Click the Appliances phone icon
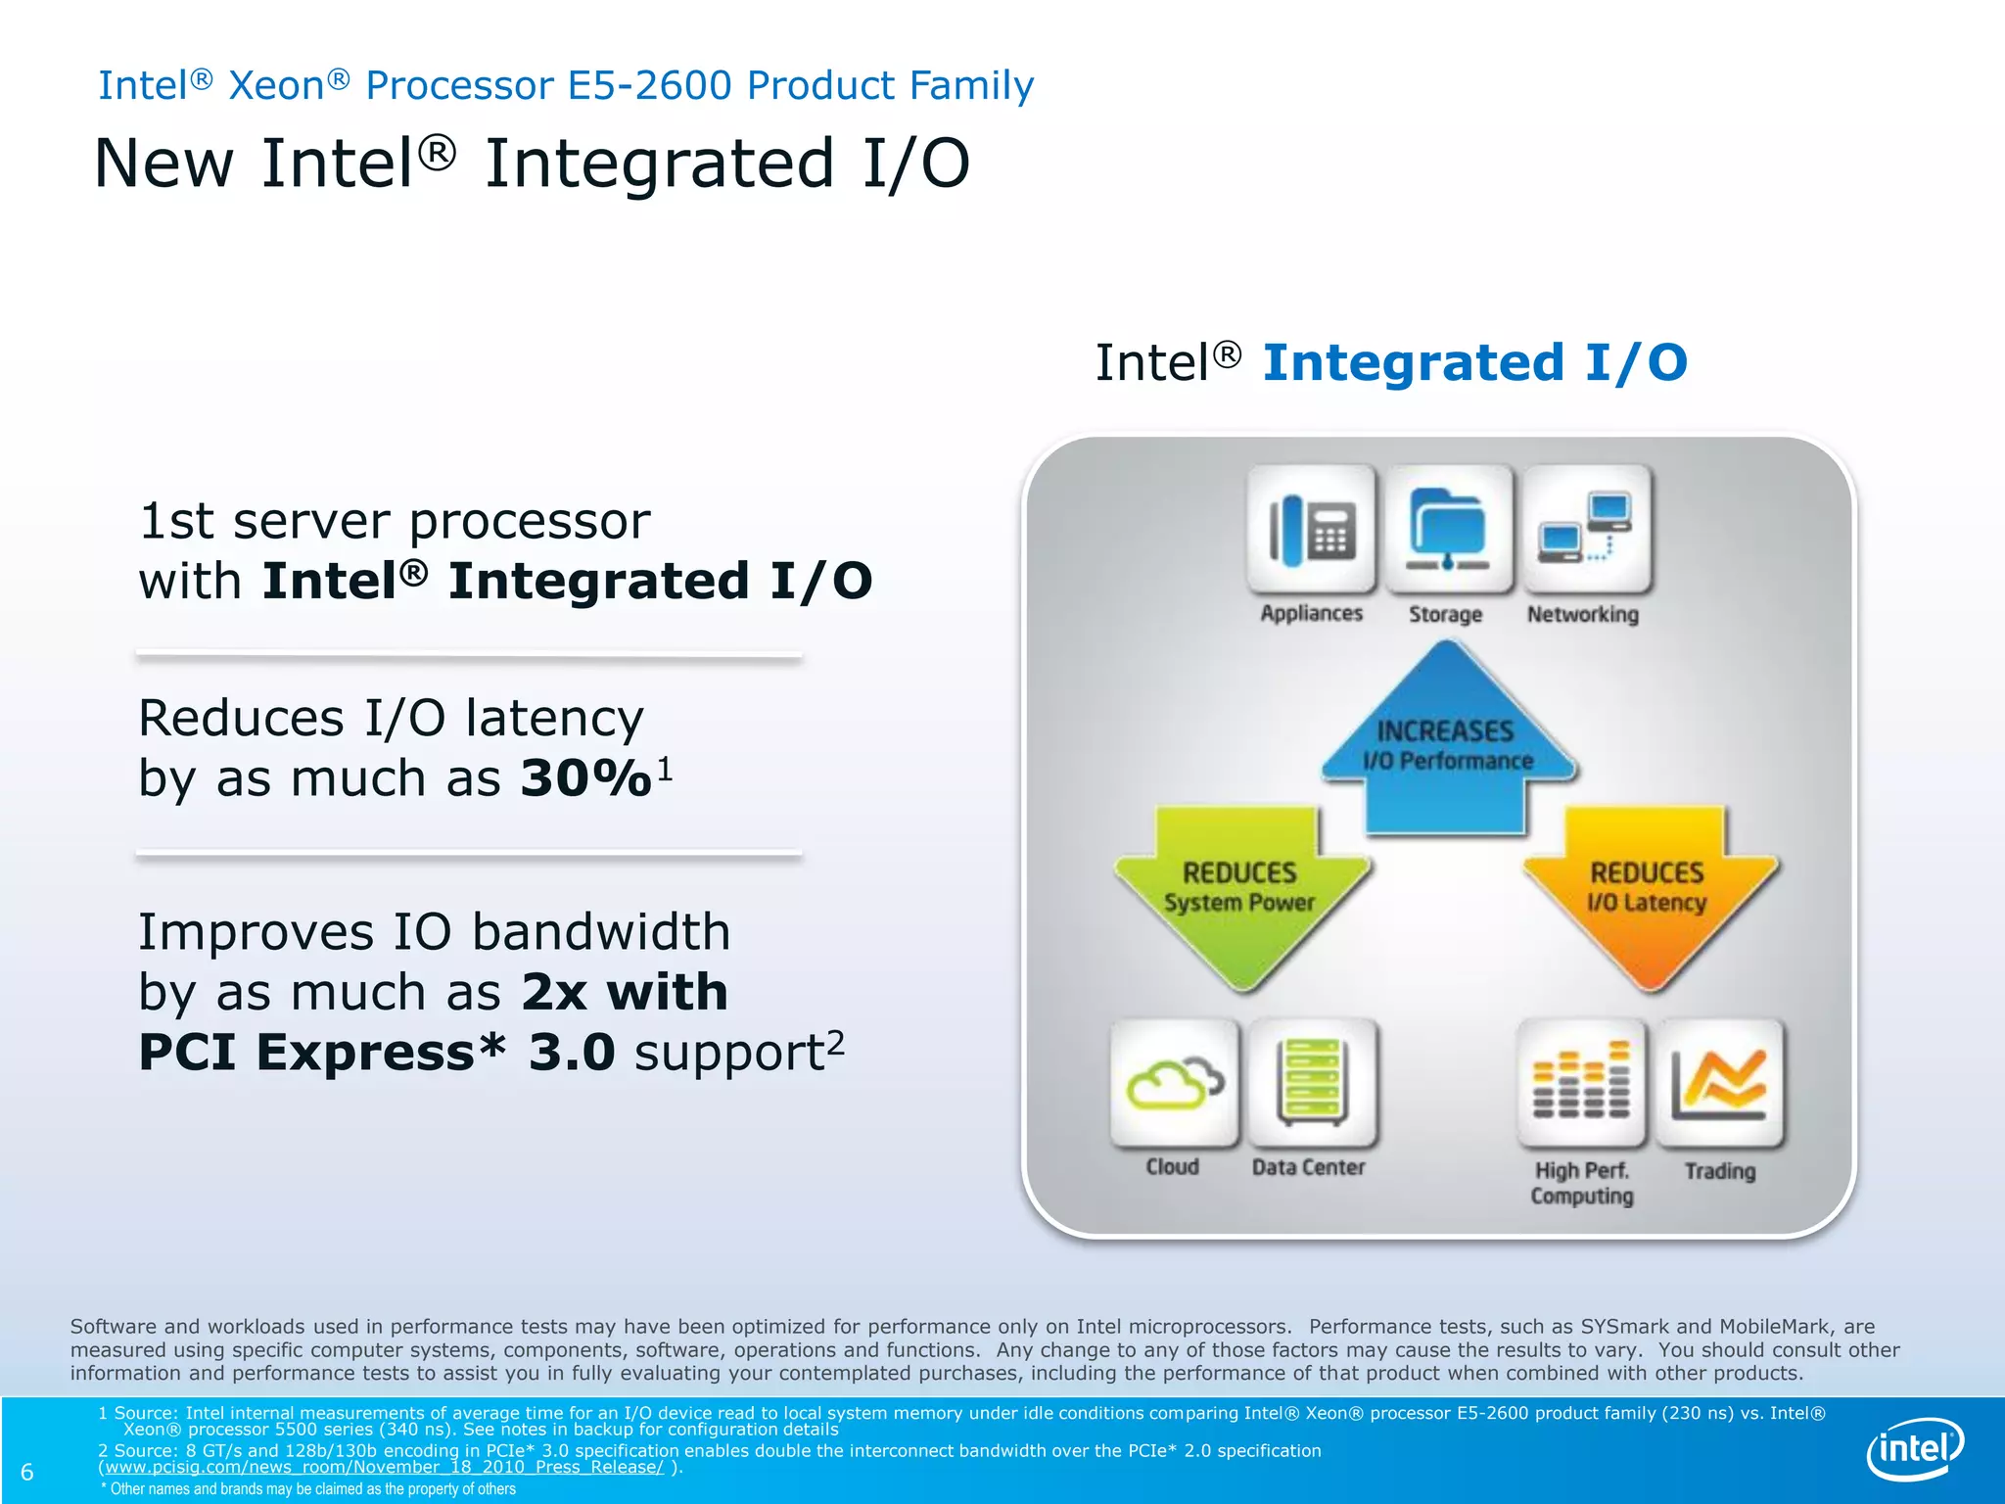coord(1311,530)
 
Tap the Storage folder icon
coord(1446,530)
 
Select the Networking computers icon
coord(1585,530)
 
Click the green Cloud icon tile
coord(1174,1083)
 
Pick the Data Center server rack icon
coord(1312,1083)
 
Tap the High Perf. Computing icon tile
coord(1580,1083)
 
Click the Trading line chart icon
coord(1719,1083)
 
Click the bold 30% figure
coord(585,778)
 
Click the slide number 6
coord(27,1472)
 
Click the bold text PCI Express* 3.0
coord(376,1053)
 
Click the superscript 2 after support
coord(835,1041)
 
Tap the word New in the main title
coord(163,164)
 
